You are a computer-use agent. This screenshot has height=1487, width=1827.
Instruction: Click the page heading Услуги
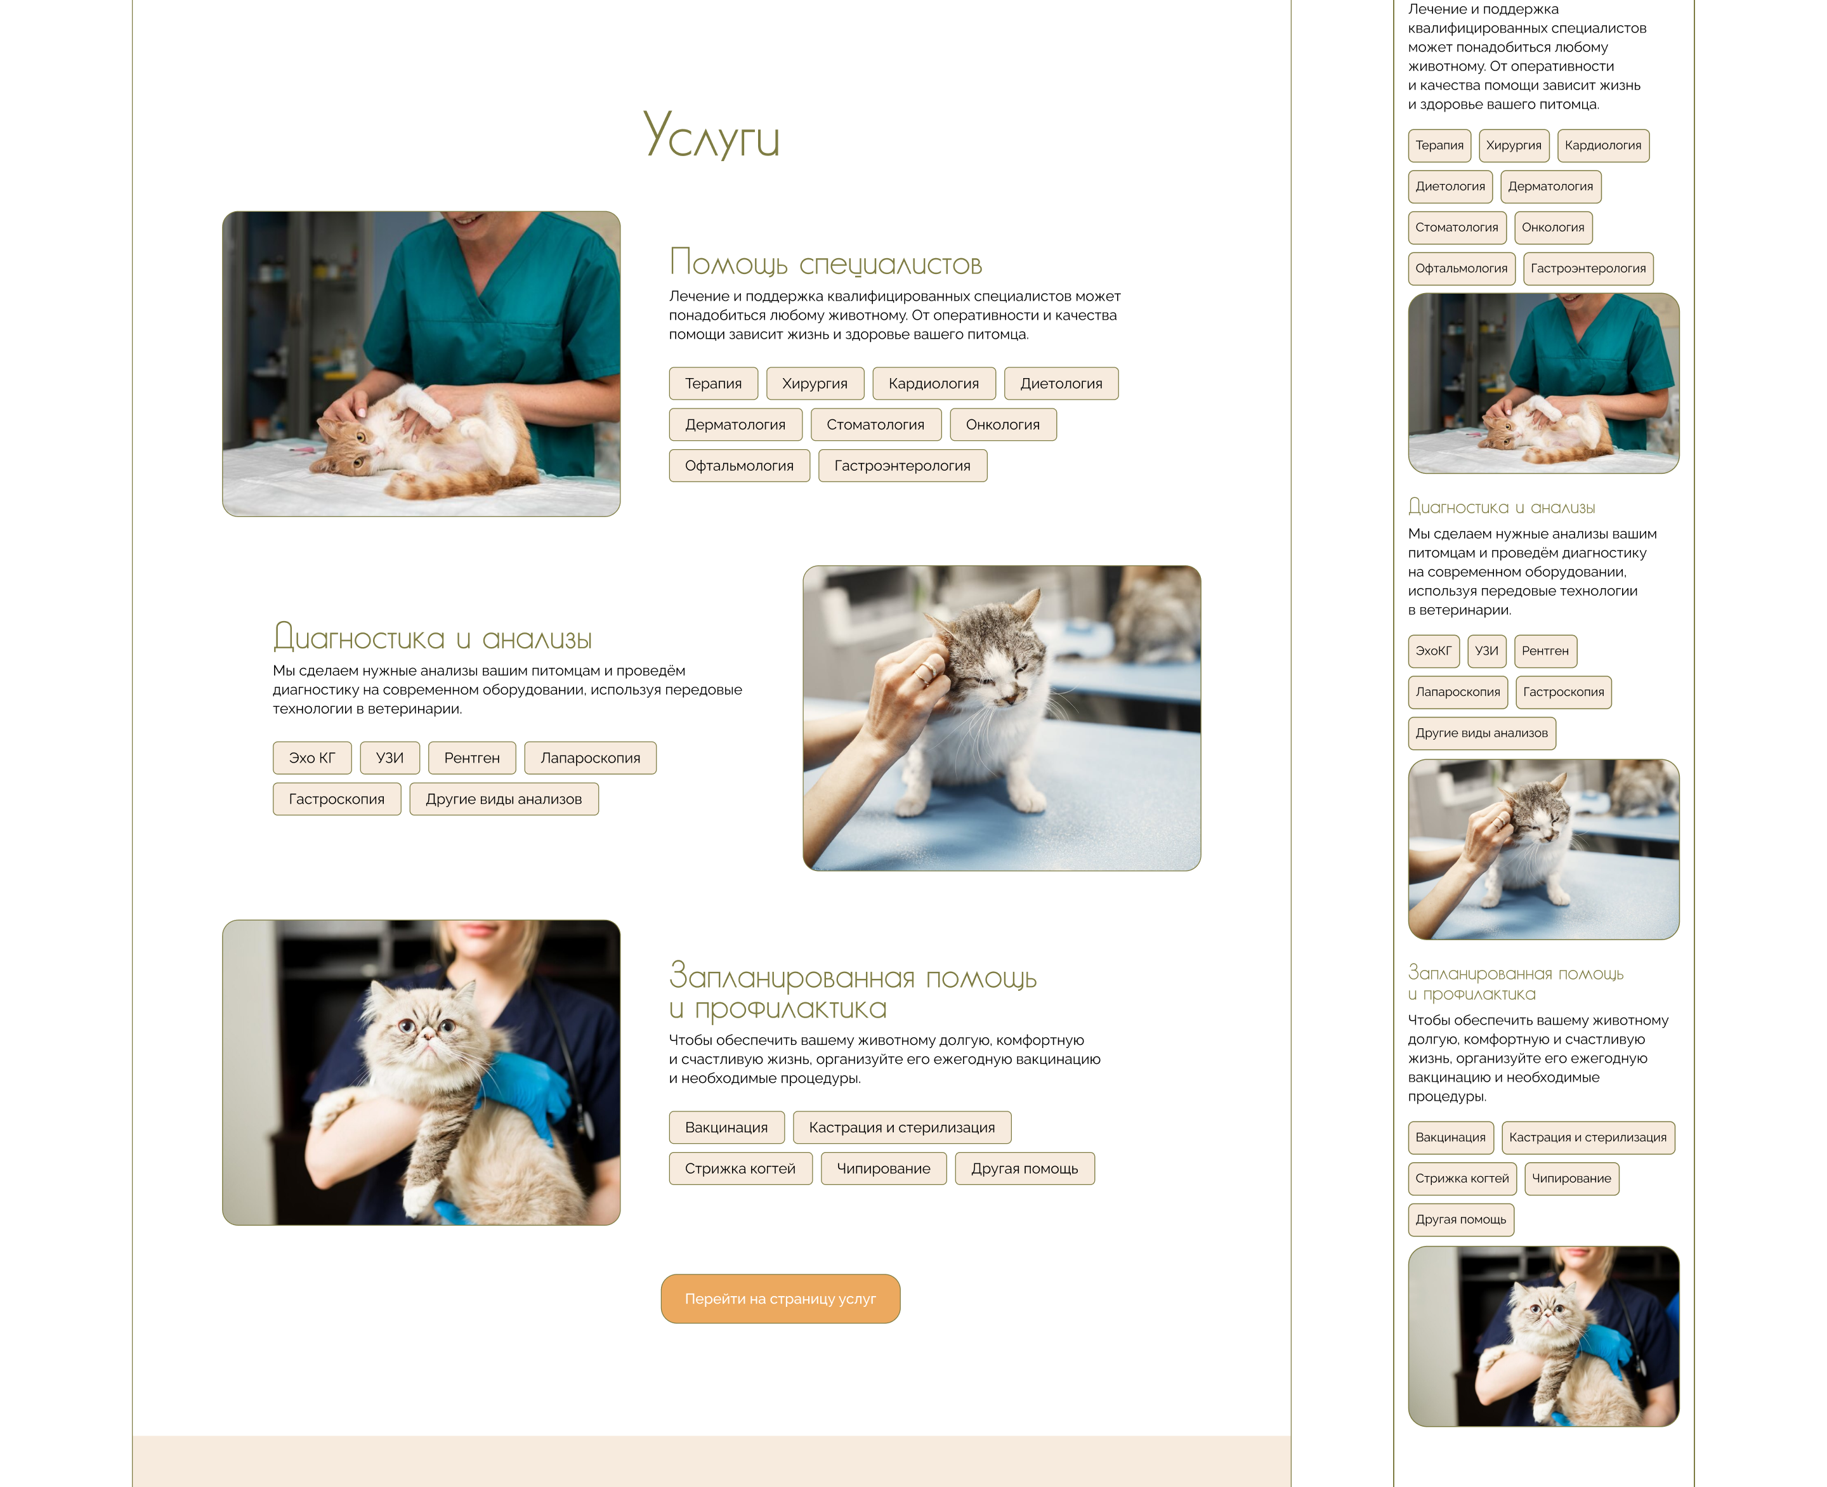click(711, 134)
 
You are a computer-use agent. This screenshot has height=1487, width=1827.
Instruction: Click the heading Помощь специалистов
click(825, 262)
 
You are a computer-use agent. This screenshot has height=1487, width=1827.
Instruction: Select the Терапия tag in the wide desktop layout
click(712, 383)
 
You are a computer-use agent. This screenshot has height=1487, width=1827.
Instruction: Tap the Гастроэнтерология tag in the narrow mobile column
click(1587, 268)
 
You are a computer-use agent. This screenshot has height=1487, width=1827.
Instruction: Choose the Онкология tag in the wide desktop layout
click(1002, 424)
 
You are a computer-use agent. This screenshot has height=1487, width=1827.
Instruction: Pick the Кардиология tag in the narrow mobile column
click(1602, 145)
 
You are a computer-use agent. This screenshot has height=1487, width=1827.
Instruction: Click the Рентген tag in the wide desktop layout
click(471, 757)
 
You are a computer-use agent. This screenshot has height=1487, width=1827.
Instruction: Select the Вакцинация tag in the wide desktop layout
click(726, 1127)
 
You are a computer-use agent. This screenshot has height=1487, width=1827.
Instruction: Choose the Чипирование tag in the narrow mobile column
click(1570, 1178)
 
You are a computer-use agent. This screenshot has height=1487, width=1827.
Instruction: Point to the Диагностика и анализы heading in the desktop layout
click(433, 638)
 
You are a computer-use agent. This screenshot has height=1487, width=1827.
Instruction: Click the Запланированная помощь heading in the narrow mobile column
click(1516, 983)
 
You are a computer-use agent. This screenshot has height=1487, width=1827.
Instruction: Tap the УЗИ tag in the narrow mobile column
click(1486, 650)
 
